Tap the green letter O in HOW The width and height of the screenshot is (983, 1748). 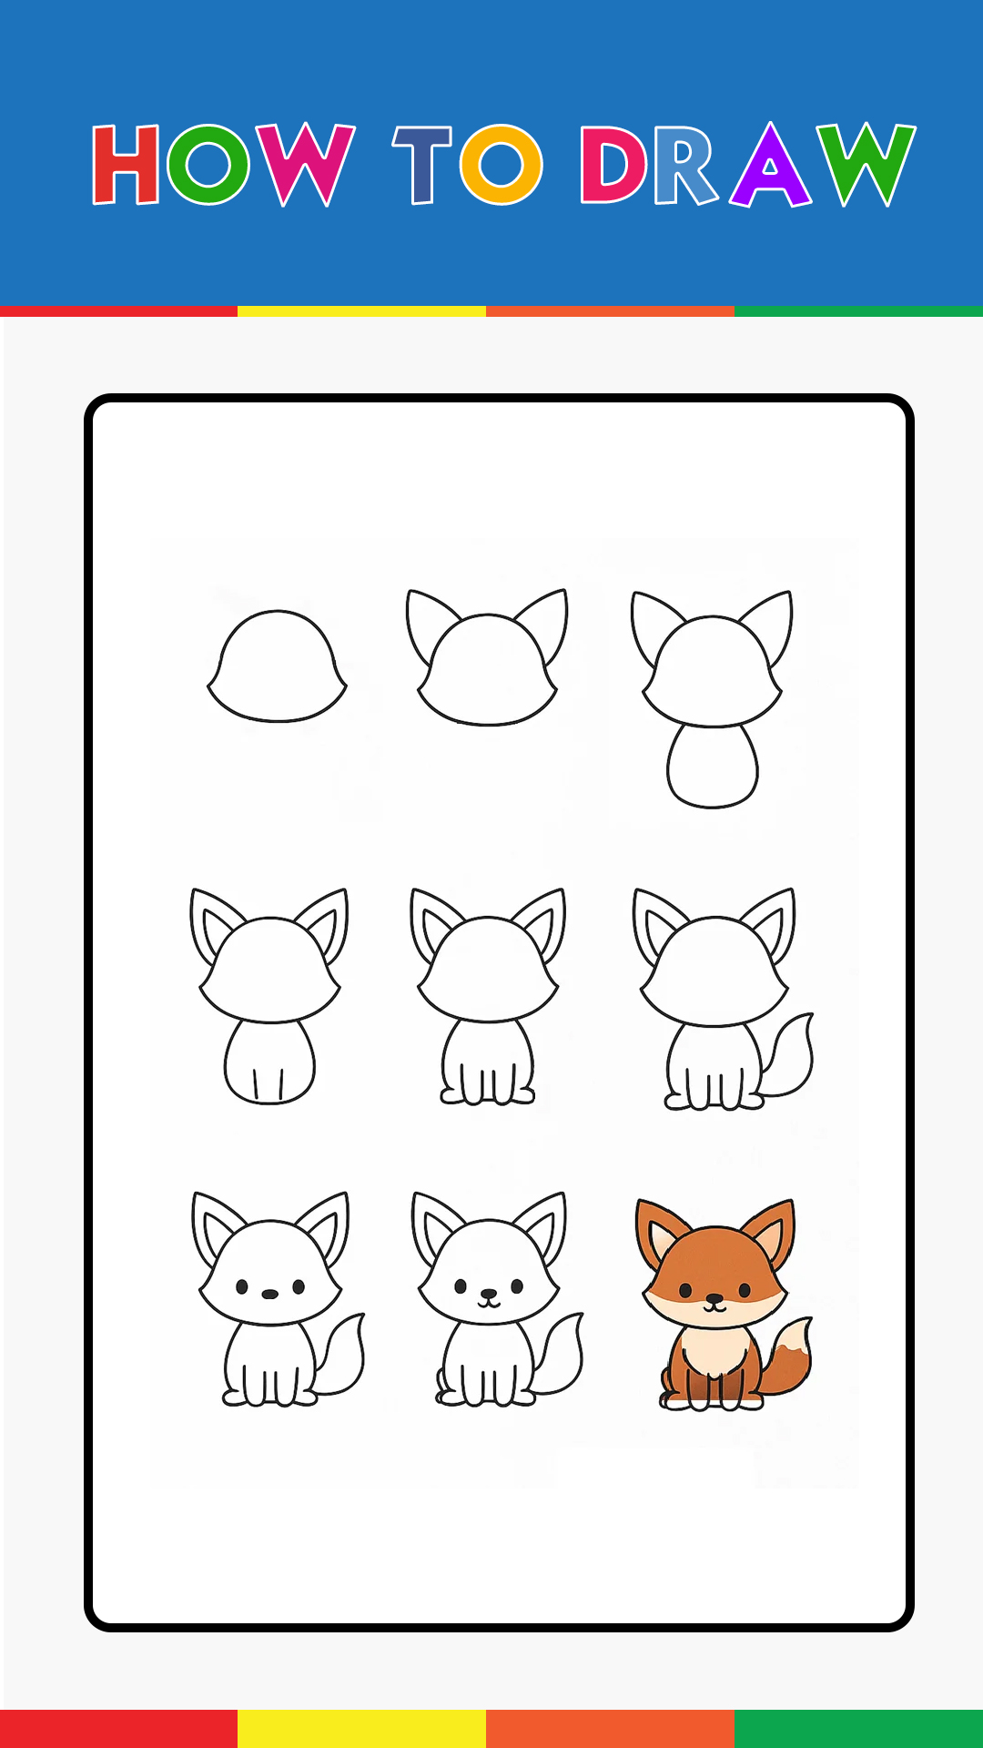[208, 164]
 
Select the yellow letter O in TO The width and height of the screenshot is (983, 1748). [501, 164]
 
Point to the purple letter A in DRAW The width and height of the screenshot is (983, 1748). [770, 165]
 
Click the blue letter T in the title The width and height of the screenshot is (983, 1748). [422, 164]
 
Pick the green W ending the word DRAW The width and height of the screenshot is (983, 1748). [865, 164]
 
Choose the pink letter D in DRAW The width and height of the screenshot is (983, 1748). [613, 164]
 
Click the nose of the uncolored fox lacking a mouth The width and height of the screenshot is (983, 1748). [270, 1294]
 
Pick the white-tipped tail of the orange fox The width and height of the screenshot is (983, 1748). [788, 1357]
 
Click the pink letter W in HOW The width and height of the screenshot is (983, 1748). [305, 164]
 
